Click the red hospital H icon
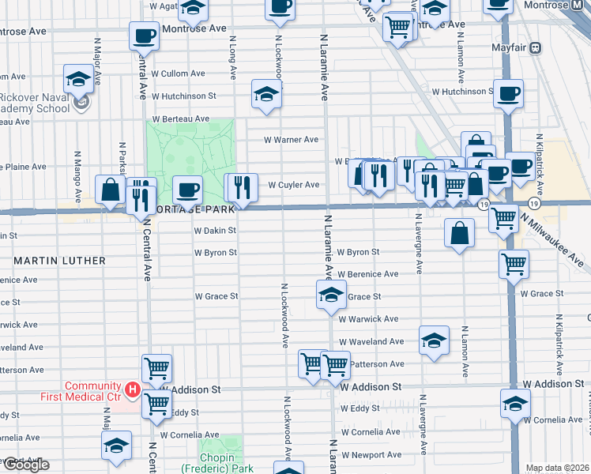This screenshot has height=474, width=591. [x=133, y=389]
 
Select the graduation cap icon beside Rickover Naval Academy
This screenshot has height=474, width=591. [x=78, y=79]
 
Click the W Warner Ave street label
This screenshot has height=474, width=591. [x=291, y=140]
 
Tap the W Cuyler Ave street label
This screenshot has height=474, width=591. [x=293, y=185]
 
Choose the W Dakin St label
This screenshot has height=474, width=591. [x=215, y=231]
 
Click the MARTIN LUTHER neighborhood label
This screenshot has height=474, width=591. [x=59, y=260]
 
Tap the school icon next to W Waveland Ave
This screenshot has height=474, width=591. [x=434, y=340]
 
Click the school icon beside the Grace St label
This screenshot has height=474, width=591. [x=331, y=296]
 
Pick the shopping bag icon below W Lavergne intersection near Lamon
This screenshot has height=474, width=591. [x=459, y=234]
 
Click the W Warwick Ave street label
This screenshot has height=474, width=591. [x=368, y=319]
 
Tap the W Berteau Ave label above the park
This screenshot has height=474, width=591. [x=181, y=118]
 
